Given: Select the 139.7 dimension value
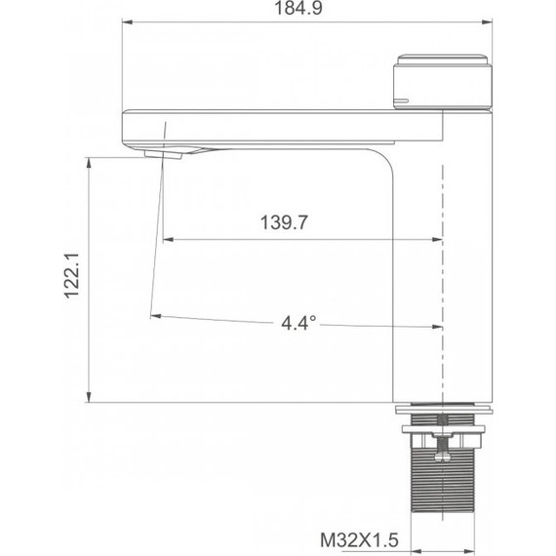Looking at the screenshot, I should click(x=284, y=223).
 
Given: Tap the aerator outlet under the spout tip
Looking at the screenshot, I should click(x=163, y=152).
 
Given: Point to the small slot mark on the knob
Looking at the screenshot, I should click(x=400, y=100).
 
